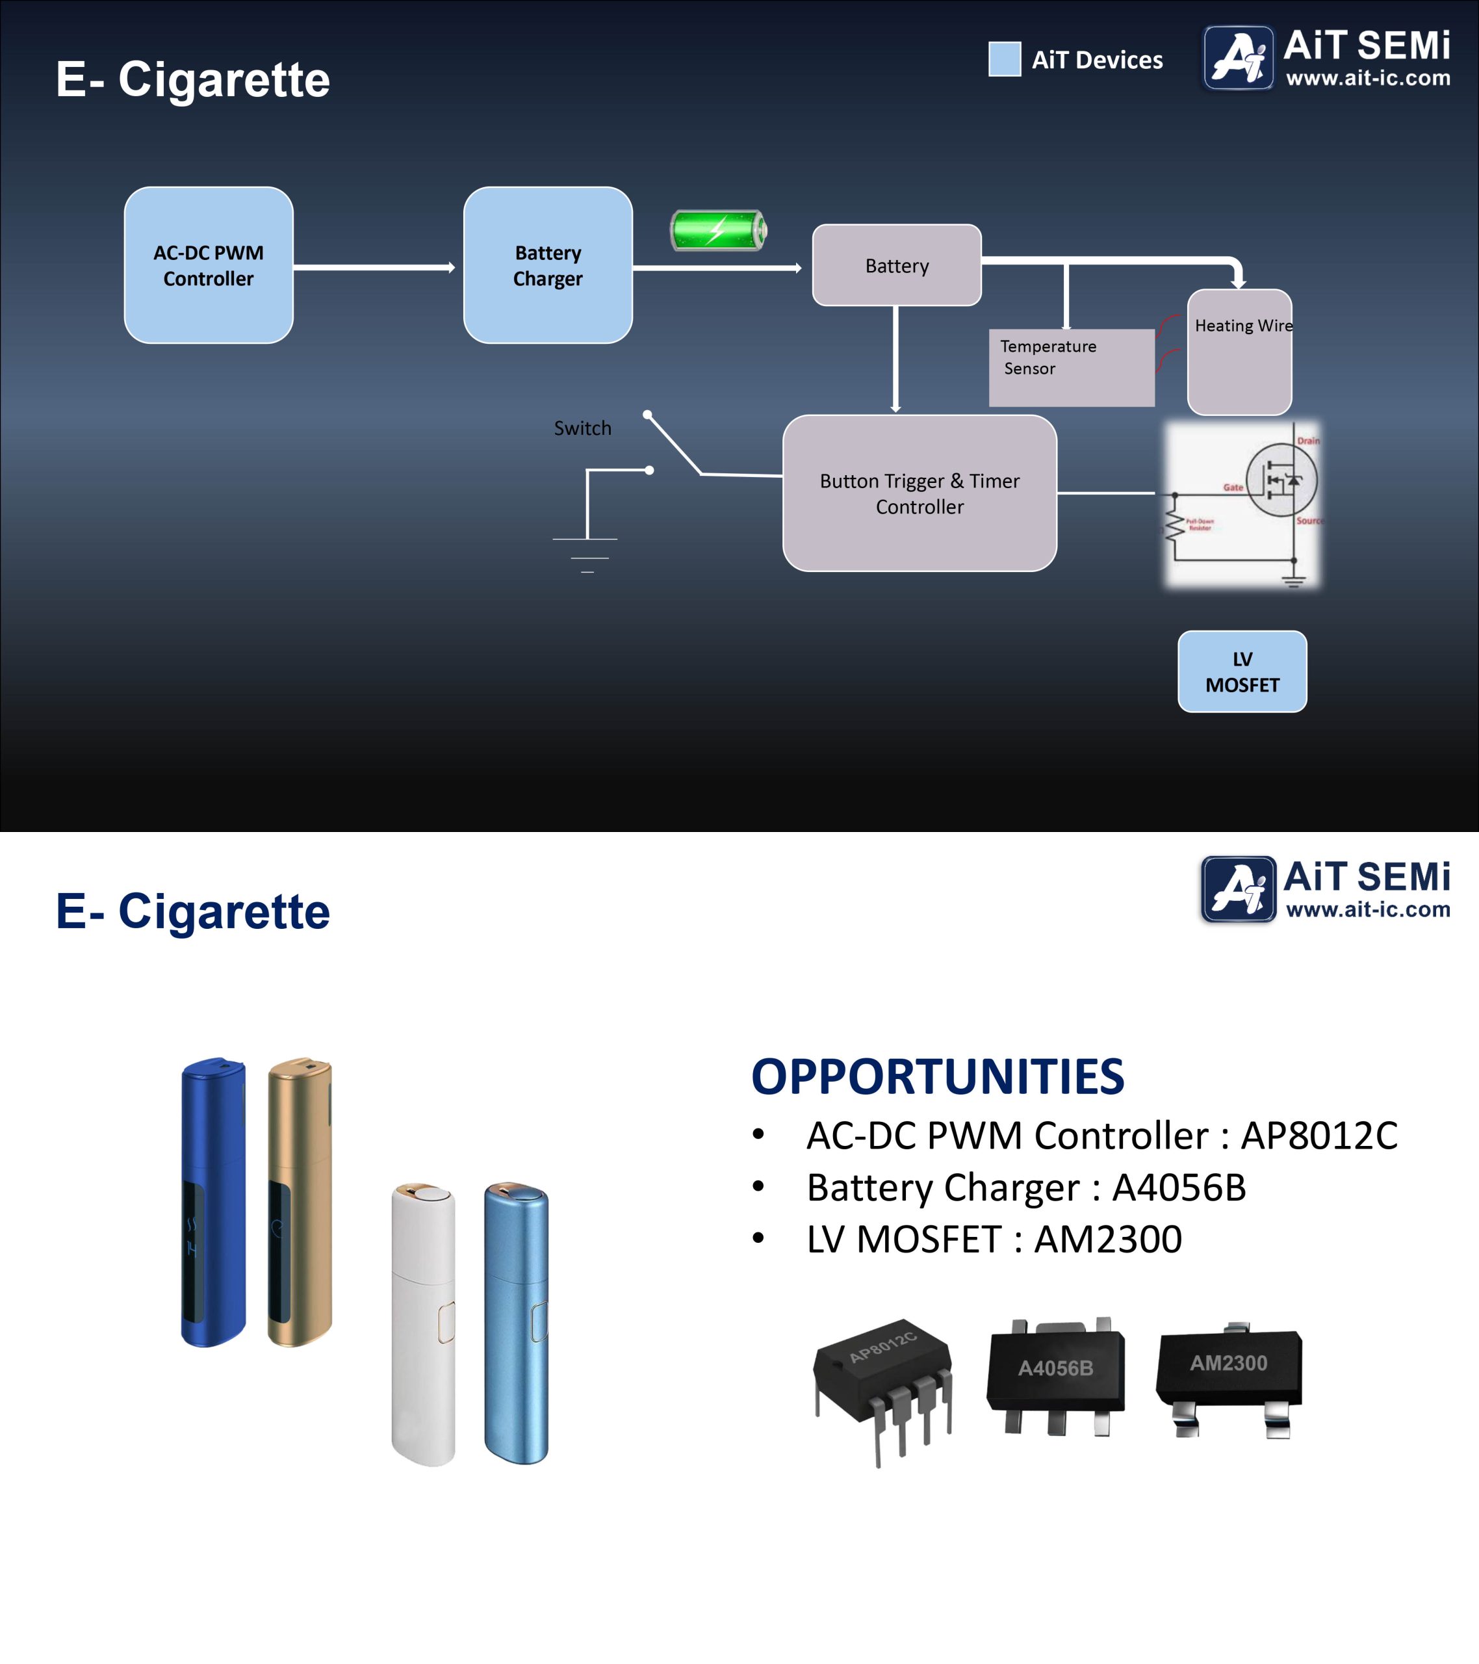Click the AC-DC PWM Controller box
tap(209, 265)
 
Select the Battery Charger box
tap(548, 265)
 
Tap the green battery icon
tap(718, 230)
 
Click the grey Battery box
tap(896, 265)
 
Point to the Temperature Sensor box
tap(1070, 367)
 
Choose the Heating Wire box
tap(1239, 352)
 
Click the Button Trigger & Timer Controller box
tap(919, 493)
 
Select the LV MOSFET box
tap(1241, 671)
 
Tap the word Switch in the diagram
tap(582, 428)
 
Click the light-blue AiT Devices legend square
tap(1003, 59)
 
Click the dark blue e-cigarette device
tap(212, 1202)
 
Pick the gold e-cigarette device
tap(299, 1202)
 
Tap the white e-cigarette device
tap(423, 1323)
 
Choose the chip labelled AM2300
tap(1229, 1376)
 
